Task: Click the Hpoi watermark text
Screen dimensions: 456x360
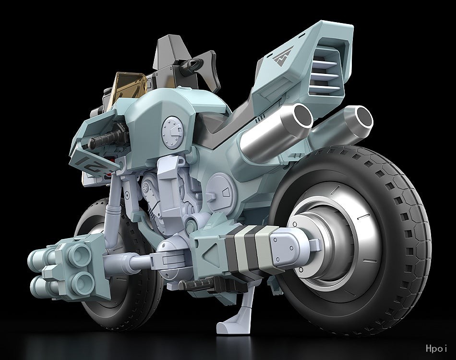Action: [436, 348]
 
